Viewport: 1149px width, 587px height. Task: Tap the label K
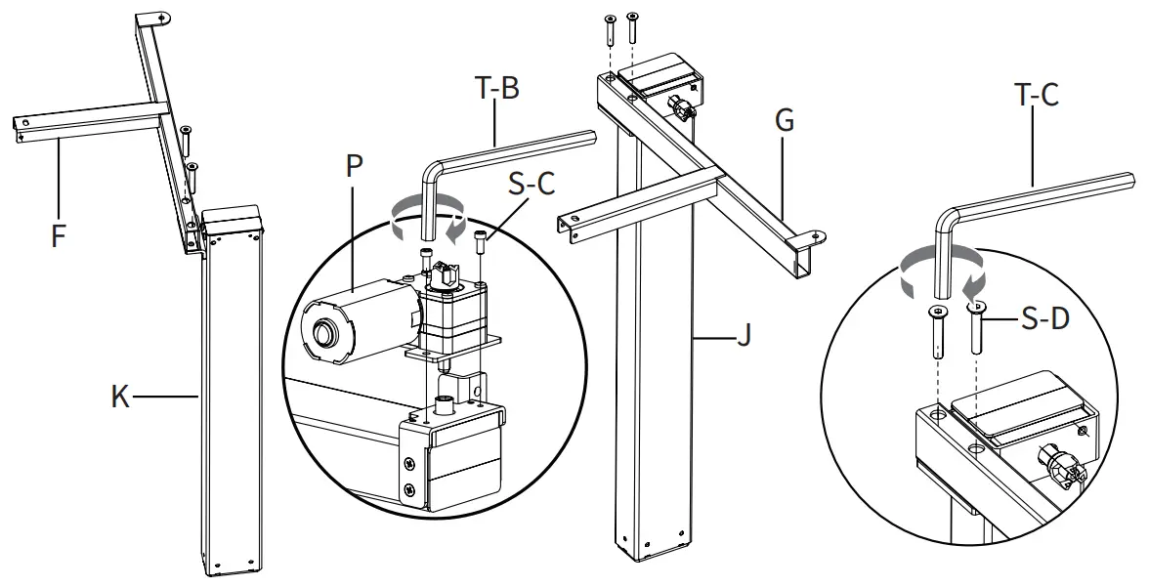(119, 398)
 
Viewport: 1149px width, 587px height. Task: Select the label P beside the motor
(354, 164)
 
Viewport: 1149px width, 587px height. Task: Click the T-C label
(1036, 95)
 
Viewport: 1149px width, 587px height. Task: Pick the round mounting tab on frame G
(813, 235)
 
